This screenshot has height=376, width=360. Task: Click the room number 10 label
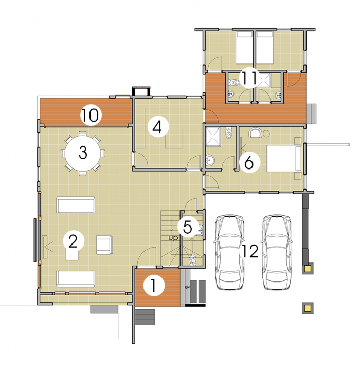91,115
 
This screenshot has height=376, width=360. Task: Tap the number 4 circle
158,127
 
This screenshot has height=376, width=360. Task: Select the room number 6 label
249,163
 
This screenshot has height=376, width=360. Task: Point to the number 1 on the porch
154,286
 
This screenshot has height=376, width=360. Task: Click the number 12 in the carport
250,251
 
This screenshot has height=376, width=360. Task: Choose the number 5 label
188,227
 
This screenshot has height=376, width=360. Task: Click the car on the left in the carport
229,252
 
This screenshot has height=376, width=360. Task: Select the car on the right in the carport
277,252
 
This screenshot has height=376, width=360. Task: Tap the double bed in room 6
284,158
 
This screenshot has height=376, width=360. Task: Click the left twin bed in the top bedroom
244,48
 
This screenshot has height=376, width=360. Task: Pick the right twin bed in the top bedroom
264,48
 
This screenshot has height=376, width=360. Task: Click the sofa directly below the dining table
76,205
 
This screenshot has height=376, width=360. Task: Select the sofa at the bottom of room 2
76,278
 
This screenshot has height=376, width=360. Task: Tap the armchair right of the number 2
104,245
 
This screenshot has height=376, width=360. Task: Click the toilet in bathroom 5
193,259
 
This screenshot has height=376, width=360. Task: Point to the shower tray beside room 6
213,137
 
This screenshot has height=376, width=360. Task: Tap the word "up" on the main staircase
173,238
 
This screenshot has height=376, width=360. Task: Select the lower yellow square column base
308,308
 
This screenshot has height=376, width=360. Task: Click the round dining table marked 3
83,153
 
